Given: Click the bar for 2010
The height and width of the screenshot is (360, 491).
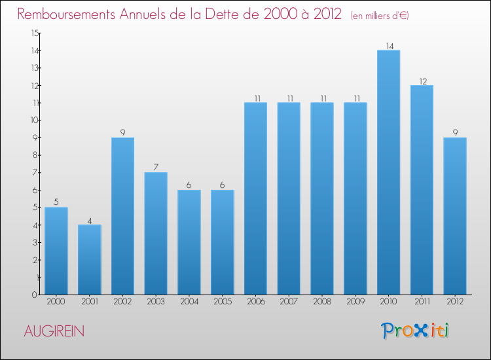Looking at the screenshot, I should tap(388, 172).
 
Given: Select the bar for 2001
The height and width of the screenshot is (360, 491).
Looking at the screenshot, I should tap(90, 259).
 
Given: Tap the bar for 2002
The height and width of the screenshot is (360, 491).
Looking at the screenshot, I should tap(122, 216).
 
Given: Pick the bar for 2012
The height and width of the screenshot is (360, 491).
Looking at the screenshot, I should tap(455, 216).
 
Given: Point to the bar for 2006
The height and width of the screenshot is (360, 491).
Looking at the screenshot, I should tap(255, 198).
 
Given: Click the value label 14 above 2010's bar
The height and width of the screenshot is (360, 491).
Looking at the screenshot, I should tap(388, 46).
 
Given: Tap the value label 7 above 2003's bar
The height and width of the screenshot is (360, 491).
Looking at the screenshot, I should tap(156, 168).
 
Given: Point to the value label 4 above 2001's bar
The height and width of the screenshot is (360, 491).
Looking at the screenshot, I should tap(90, 220).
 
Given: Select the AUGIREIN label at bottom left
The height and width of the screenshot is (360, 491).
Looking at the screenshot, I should tap(54, 331).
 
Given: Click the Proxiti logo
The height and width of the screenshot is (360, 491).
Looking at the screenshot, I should tap(415, 331).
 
